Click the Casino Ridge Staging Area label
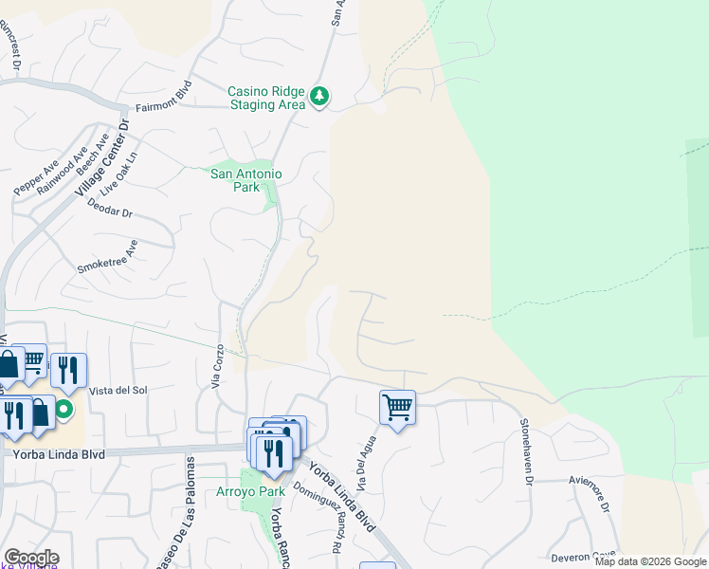tap(266, 98)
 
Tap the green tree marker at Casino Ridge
tap(320, 96)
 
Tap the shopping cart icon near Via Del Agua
tap(397, 408)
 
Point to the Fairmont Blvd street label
tap(164, 108)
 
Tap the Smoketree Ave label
tap(107, 257)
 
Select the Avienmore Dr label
tap(604, 492)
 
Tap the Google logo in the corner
tap(31, 558)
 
